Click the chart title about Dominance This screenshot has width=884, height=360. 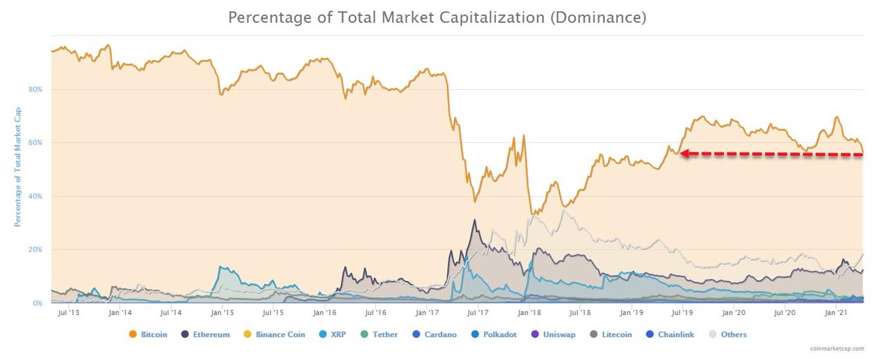pyautogui.click(x=437, y=17)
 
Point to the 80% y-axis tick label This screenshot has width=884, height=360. pyautogui.click(x=35, y=90)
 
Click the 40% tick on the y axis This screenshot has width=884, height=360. pyautogui.click(x=35, y=196)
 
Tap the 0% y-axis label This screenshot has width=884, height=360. pyautogui.click(x=37, y=303)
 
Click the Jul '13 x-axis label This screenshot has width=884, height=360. pyautogui.click(x=68, y=313)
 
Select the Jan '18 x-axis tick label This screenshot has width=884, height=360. pyautogui.click(x=529, y=313)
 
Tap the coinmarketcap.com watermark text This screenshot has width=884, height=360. pyautogui.click(x=837, y=349)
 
